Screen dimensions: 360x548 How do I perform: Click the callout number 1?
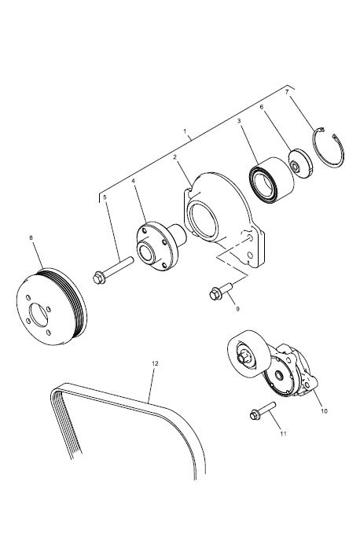pos(185,131)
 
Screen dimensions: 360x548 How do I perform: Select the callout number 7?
pos(287,92)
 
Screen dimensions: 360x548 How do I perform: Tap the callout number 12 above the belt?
pos(155,363)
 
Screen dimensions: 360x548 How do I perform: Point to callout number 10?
pos(324,411)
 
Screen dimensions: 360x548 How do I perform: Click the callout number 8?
pos(31,237)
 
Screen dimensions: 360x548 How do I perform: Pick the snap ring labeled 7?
pos(329,147)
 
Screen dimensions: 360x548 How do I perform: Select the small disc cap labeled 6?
pos(300,164)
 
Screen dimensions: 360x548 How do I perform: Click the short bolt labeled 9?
pos(221,292)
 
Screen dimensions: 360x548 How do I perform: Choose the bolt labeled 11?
pos(263,411)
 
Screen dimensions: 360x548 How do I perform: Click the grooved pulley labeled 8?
pos(51,307)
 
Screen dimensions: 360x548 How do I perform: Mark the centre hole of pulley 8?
pos(39,315)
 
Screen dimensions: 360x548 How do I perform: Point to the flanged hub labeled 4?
pos(161,245)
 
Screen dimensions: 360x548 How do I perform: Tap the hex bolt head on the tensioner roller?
pos(243,358)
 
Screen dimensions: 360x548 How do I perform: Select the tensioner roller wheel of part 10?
pos(249,353)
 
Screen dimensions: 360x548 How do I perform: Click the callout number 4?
pos(133,181)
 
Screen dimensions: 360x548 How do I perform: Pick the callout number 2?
pos(175,157)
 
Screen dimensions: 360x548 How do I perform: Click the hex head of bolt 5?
pos(99,278)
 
